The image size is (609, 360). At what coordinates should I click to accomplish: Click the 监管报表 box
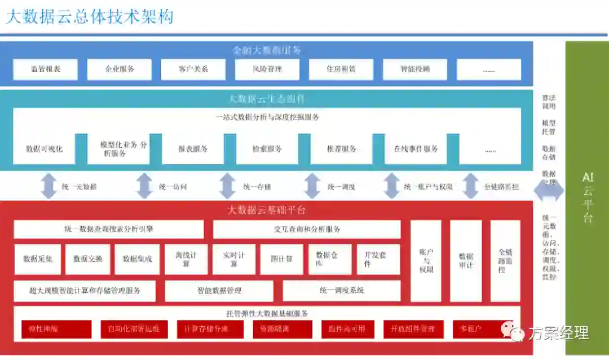46,69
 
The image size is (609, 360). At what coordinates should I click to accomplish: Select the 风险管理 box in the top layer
267,69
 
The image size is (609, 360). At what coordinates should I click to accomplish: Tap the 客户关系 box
193,69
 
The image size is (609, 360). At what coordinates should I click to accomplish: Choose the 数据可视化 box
44,149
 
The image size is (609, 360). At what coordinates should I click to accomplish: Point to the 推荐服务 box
341,149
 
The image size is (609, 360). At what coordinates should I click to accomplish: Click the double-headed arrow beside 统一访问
145,186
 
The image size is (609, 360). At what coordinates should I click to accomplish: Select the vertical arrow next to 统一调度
312,186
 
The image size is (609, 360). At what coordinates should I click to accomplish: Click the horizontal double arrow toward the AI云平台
549,191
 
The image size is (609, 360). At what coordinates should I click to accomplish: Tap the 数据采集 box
38,259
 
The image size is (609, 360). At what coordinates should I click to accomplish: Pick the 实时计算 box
233,259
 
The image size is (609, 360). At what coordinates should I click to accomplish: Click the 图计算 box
282,259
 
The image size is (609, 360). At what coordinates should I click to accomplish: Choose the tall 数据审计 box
466,261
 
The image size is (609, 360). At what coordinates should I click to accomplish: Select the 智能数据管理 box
219,291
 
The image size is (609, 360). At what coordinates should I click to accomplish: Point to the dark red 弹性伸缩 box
56,329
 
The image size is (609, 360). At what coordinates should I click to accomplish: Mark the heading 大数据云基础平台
266,210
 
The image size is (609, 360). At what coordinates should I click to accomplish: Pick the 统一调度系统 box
341,291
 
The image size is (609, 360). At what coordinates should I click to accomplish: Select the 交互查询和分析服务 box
306,229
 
